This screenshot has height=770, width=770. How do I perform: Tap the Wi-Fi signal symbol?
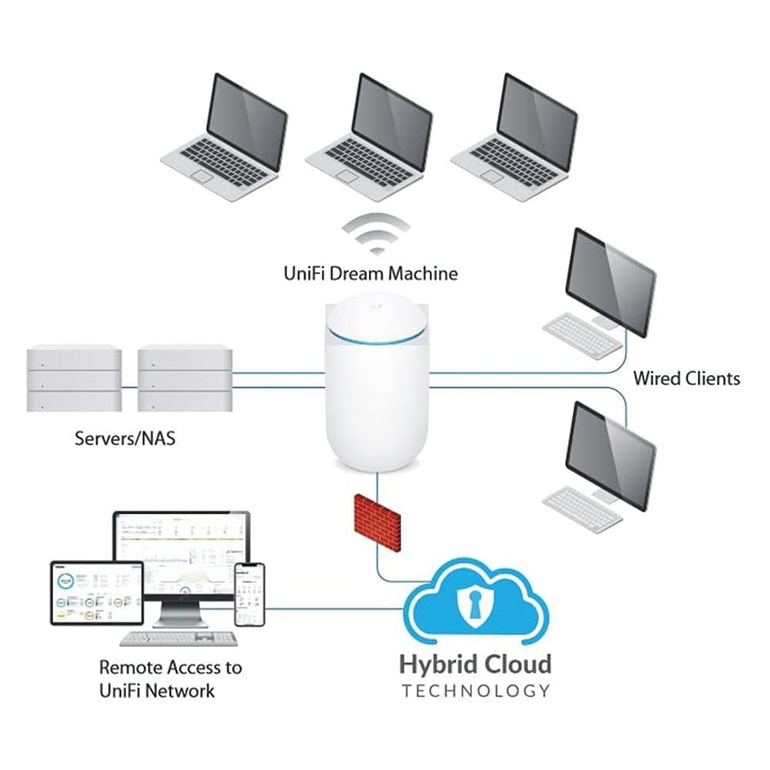(377, 232)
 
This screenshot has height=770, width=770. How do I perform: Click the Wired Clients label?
(686, 378)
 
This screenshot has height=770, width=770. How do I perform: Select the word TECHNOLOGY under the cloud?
(476, 690)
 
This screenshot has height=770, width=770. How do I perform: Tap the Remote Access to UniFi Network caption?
(169, 678)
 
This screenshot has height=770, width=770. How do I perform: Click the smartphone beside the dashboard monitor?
(249, 594)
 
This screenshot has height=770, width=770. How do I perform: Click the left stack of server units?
(74, 378)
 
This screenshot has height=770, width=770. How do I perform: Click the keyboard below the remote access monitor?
(179, 638)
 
